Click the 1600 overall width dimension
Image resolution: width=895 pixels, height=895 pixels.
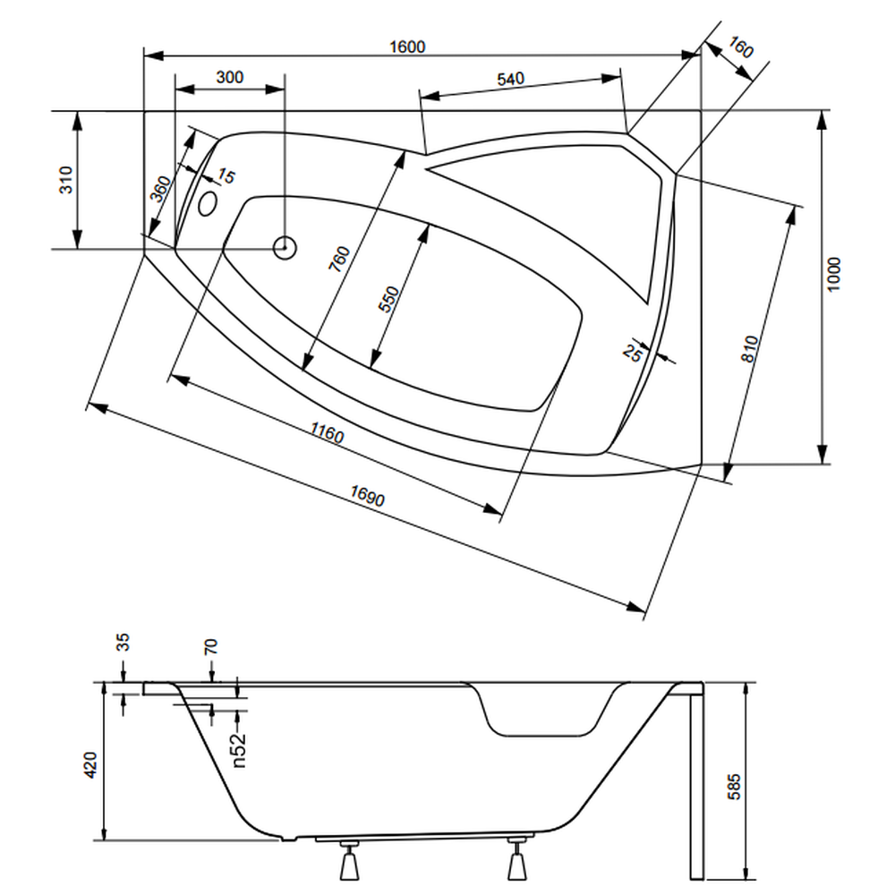pyautogui.click(x=407, y=47)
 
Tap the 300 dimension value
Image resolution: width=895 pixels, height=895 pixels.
pyautogui.click(x=230, y=77)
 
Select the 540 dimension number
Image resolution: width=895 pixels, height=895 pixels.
pyautogui.click(x=510, y=79)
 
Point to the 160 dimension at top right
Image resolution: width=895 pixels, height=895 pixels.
pyautogui.click(x=741, y=47)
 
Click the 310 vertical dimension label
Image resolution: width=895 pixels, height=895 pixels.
pyautogui.click(x=66, y=180)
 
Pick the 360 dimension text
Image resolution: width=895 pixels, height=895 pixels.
pyautogui.click(x=160, y=189)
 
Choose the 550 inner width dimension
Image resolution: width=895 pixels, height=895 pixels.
pyautogui.click(x=389, y=299)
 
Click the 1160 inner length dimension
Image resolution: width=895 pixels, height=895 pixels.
pyautogui.click(x=327, y=432)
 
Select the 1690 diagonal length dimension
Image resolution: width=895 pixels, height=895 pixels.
pyautogui.click(x=368, y=496)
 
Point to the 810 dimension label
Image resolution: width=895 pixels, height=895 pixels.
pyautogui.click(x=749, y=349)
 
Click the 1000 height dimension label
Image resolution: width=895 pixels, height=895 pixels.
pyautogui.click(x=834, y=275)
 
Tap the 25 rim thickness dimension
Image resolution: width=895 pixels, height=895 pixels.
pyautogui.click(x=633, y=353)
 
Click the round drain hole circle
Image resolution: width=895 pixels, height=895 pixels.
pyautogui.click(x=285, y=248)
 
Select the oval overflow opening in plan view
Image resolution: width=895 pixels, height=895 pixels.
pyautogui.click(x=208, y=204)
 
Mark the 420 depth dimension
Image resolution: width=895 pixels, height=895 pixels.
pyautogui.click(x=90, y=765)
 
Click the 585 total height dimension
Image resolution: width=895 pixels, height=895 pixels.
pyautogui.click(x=734, y=787)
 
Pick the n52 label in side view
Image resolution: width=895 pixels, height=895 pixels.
pyautogui.click(x=239, y=749)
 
